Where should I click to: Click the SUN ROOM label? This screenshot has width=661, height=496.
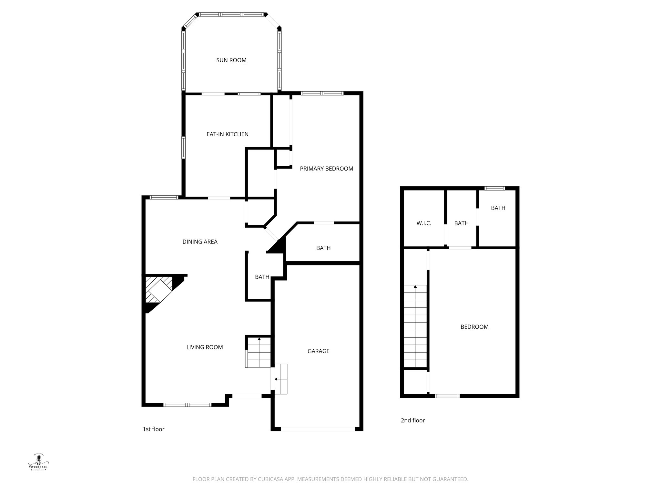pos(231,60)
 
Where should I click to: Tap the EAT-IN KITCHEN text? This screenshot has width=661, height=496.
pos(228,134)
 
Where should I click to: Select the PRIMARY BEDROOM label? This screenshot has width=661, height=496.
pos(326,169)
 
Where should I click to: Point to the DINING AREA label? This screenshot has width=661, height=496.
pos(200,242)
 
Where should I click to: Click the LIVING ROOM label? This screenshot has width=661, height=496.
pos(205,347)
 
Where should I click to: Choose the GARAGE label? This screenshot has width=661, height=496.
pos(318,351)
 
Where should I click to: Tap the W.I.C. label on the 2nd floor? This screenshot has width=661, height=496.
pos(423,223)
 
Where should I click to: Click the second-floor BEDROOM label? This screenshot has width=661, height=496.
pos(474,327)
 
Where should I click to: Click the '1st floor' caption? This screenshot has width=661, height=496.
pos(153,429)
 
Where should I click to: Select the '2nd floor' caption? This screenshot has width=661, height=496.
pos(413,420)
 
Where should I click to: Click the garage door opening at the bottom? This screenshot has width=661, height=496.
pos(318,429)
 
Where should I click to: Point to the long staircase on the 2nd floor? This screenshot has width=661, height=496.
pos(415,326)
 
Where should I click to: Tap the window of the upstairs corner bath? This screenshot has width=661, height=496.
pos(495,189)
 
